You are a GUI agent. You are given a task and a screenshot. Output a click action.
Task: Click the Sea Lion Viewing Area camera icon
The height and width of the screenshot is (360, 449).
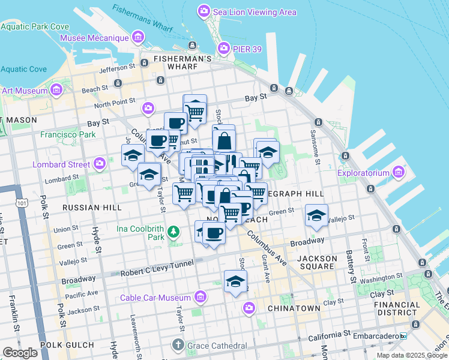pyautogui.click(x=203, y=11)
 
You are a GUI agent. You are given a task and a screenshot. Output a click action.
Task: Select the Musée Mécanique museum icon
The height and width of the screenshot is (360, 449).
pyautogui.click(x=139, y=38)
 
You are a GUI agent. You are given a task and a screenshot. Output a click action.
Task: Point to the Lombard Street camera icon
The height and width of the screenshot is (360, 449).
pyautogui.click(x=100, y=163)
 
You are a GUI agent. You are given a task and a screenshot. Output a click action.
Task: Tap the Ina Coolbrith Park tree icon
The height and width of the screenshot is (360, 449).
pyautogui.click(x=173, y=231)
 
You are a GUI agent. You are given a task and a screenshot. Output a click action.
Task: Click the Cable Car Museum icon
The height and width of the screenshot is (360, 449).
pyautogui.click(x=200, y=298)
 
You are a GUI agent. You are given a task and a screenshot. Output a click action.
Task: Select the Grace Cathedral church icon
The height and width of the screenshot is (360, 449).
pyautogui.click(x=178, y=345)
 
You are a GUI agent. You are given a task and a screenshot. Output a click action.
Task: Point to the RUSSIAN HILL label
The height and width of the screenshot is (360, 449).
pyautogui.click(x=92, y=208)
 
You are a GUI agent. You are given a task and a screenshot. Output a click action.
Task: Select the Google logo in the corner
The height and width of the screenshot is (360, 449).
pyautogui.click(x=20, y=353)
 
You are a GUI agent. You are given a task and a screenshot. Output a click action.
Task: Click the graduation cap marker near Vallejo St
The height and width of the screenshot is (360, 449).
pyautogui.click(x=316, y=215)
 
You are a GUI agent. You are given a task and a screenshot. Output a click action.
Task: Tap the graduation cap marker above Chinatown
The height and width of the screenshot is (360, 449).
pyautogui.click(x=236, y=280)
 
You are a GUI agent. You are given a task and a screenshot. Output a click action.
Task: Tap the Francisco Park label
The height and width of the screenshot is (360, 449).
pyautogui.click(x=68, y=134)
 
